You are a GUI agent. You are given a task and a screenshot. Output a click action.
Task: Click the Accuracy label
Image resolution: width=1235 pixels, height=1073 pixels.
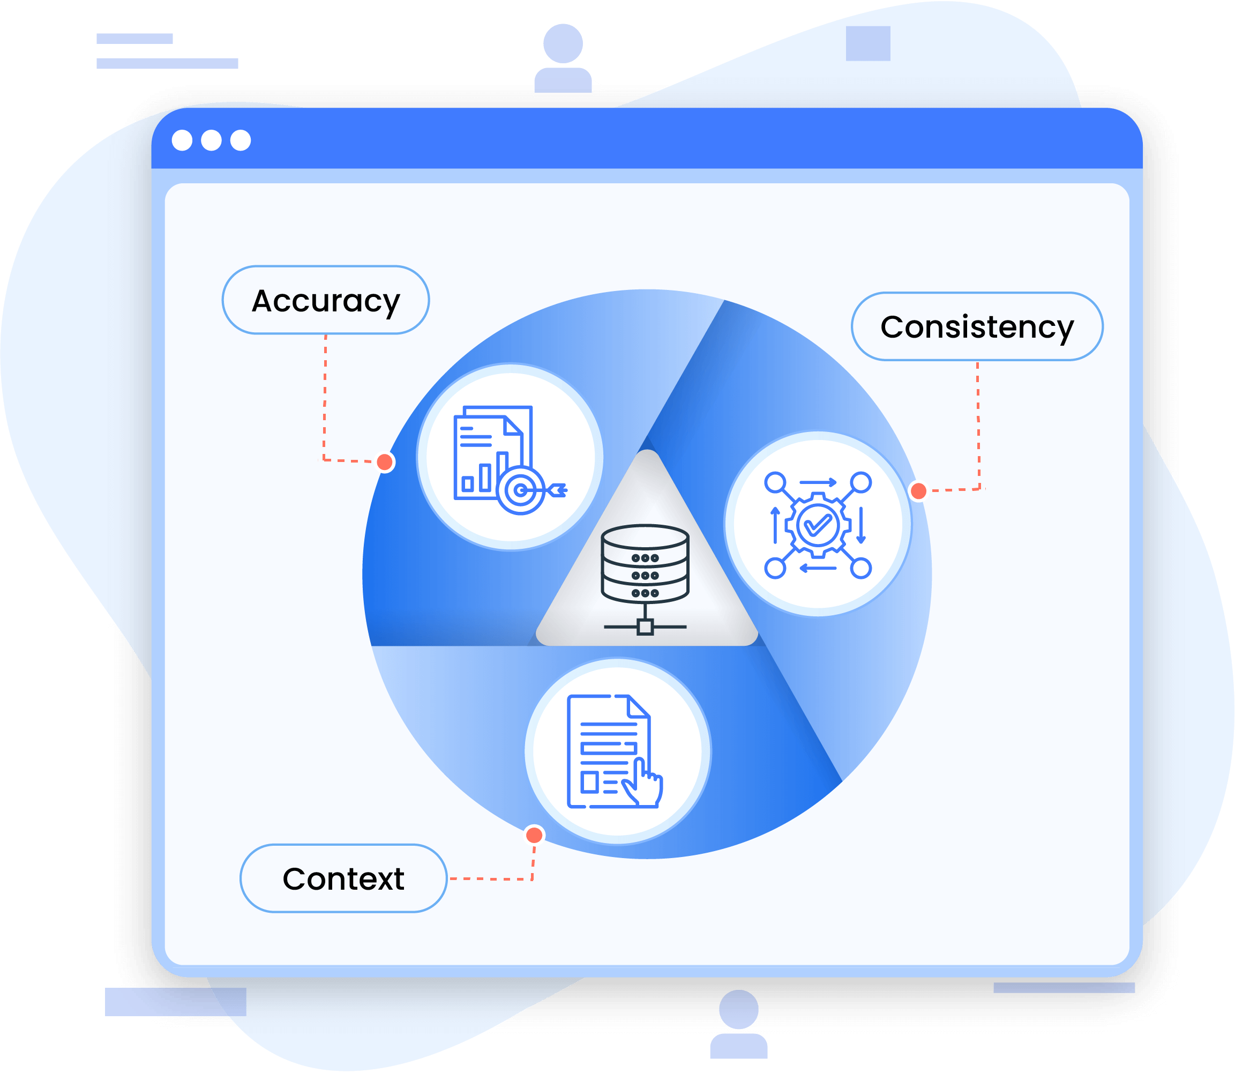pos(326,300)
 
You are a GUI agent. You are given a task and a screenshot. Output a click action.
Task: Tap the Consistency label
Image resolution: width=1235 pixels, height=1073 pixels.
pos(976,327)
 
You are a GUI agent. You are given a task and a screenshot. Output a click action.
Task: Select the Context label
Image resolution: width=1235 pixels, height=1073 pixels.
pos(343,878)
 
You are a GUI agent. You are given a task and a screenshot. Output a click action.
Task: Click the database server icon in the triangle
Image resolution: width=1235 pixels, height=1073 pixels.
pos(645,563)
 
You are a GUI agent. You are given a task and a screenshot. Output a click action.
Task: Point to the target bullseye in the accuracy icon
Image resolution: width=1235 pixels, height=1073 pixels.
pos(521,490)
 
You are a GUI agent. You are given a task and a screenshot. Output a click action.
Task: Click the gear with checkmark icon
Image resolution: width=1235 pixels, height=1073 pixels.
pos(818,525)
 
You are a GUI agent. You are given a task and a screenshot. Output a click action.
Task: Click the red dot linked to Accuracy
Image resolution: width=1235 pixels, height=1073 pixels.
pos(385,462)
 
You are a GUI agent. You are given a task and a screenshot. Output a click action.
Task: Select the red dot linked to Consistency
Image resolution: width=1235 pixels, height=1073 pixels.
pos(918,491)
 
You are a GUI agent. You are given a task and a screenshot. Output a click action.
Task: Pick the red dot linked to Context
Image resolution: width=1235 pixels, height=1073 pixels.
pos(534,834)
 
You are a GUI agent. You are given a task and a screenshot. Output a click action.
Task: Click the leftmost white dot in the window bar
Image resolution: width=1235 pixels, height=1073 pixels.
pos(182,140)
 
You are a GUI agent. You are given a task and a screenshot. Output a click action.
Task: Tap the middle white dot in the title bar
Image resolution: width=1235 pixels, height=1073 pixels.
pos(211,140)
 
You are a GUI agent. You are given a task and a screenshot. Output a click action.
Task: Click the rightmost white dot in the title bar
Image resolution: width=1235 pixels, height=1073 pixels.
pos(241,140)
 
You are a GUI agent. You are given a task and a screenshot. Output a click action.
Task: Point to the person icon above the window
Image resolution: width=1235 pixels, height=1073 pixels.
pos(563,58)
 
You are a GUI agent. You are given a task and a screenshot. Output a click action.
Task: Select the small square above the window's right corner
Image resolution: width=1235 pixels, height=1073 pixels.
pos(867,43)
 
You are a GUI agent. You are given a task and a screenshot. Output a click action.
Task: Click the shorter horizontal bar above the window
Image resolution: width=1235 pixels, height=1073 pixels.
pos(134,39)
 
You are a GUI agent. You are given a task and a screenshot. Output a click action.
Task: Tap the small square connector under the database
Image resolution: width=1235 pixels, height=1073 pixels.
pos(645,627)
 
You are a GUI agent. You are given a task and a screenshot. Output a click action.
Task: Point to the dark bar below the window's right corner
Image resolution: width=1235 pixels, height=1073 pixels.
pos(1063,987)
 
